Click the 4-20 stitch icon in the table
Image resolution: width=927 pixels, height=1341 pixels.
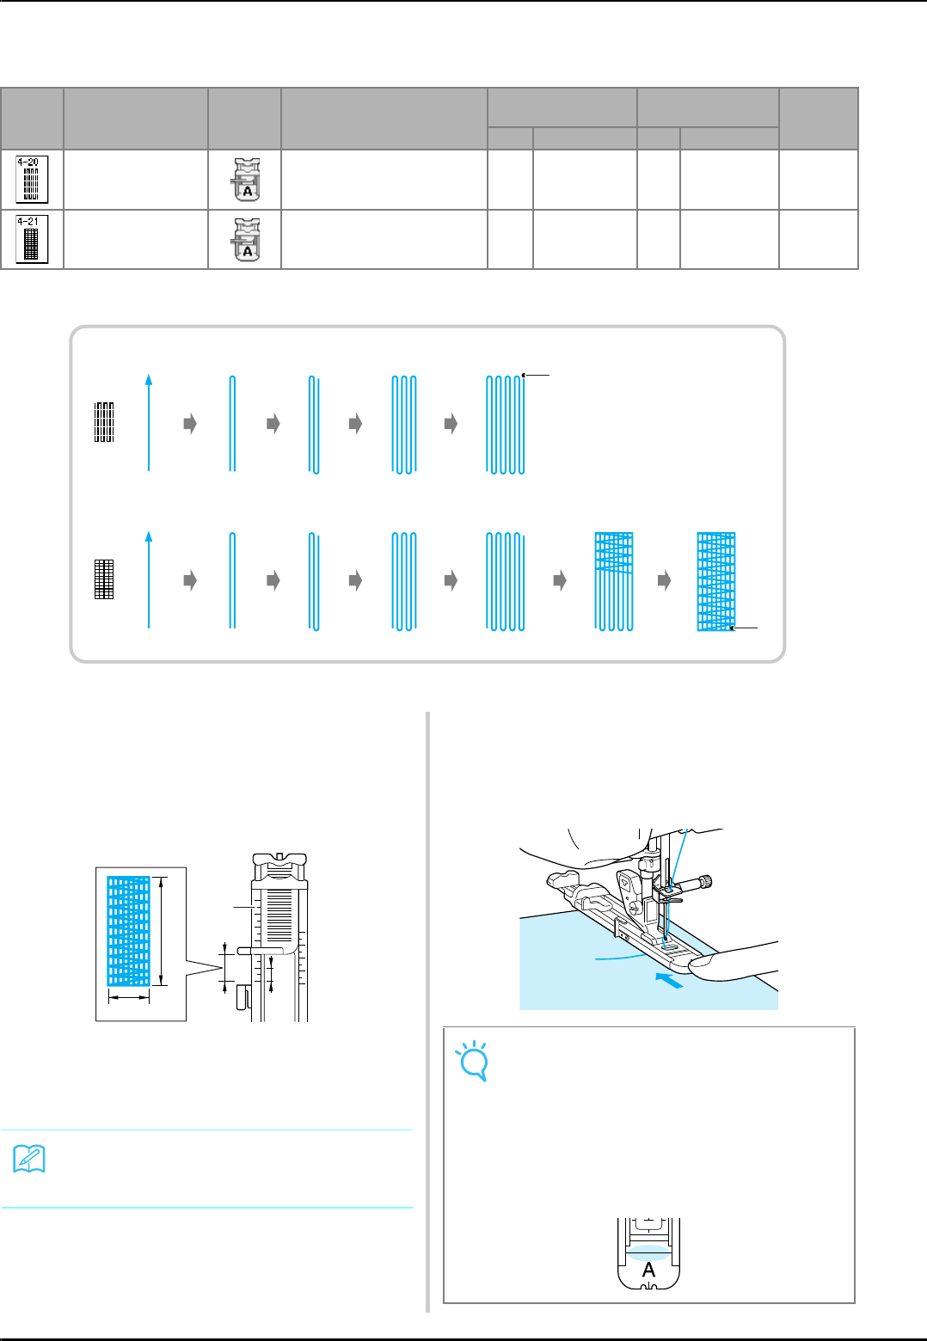(32, 179)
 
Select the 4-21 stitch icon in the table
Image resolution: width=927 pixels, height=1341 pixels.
(32, 239)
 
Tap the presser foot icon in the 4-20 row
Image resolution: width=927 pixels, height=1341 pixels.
(245, 179)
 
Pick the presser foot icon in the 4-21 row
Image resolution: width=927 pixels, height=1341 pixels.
(245, 239)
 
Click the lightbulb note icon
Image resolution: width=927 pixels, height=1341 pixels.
(473, 1061)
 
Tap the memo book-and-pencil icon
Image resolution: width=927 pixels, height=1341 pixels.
(29, 1160)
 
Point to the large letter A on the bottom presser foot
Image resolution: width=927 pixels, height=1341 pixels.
(648, 1269)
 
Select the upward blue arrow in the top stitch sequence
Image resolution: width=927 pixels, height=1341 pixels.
(149, 422)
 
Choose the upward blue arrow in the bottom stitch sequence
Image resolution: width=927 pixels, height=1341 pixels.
(149, 579)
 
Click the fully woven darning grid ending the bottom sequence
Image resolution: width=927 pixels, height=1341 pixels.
(716, 581)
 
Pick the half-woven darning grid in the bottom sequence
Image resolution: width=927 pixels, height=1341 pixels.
(614, 581)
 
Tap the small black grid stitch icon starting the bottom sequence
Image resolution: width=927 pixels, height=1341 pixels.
(104, 579)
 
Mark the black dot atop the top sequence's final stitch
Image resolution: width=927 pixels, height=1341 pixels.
(524, 375)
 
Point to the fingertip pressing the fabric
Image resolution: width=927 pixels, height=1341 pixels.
(705, 969)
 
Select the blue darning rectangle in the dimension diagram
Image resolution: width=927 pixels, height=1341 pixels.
(128, 931)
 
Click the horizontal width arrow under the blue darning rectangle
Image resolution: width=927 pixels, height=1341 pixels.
(128, 997)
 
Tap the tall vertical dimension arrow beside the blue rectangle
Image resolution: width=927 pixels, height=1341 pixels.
(163, 931)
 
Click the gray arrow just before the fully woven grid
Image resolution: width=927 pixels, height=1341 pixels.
(664, 581)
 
